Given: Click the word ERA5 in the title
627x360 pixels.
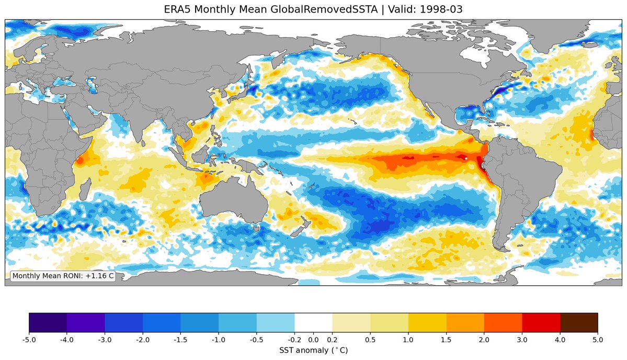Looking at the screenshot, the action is (x=177, y=9).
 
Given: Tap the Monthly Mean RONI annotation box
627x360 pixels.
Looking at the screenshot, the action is (x=63, y=276).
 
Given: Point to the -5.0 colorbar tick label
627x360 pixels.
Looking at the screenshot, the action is (x=29, y=340).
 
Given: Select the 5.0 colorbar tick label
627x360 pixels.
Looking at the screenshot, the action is (x=598, y=340).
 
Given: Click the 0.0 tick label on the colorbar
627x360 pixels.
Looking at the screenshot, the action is (x=314, y=340).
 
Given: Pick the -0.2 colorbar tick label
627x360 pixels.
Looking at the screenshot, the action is (x=294, y=340).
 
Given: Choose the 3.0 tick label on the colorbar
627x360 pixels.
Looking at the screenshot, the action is (x=522, y=340).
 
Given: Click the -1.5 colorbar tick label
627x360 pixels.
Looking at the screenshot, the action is (x=180, y=340).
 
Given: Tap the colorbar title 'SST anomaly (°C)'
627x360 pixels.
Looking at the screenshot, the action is (x=314, y=351).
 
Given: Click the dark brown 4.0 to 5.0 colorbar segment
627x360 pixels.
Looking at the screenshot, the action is (x=579, y=322).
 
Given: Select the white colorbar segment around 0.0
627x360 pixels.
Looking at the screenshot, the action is (x=314, y=322).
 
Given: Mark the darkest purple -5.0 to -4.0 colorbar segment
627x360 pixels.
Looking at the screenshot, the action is (x=48, y=322).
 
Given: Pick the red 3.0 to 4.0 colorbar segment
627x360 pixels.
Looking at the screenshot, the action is (x=541, y=322).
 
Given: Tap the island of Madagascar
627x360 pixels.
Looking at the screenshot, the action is (x=84, y=189).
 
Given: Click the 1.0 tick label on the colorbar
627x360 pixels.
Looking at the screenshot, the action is (x=408, y=340).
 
